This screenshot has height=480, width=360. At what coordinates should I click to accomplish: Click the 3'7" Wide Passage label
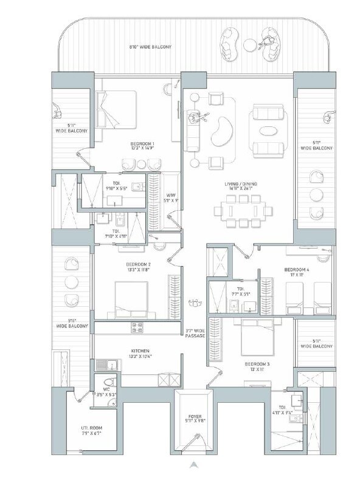point(195,334)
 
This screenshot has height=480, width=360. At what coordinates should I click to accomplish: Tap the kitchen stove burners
point(133,328)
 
